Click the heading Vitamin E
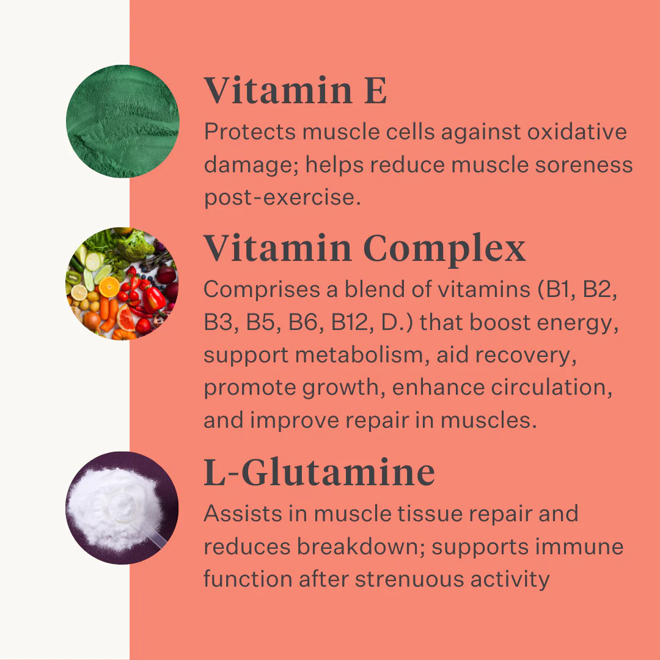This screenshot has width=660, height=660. click(x=295, y=90)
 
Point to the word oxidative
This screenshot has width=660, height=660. click(x=577, y=131)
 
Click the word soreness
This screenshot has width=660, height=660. click(x=584, y=164)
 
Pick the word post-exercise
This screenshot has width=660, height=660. click(x=282, y=198)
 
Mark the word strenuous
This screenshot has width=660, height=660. click(x=409, y=579)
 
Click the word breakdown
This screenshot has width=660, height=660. click(x=361, y=546)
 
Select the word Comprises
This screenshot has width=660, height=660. click(x=262, y=290)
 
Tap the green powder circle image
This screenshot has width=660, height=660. click(x=122, y=121)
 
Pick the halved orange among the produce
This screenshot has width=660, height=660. click(x=109, y=287)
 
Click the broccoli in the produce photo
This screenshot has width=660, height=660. click(x=134, y=246)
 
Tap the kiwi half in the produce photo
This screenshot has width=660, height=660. click(x=73, y=278)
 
